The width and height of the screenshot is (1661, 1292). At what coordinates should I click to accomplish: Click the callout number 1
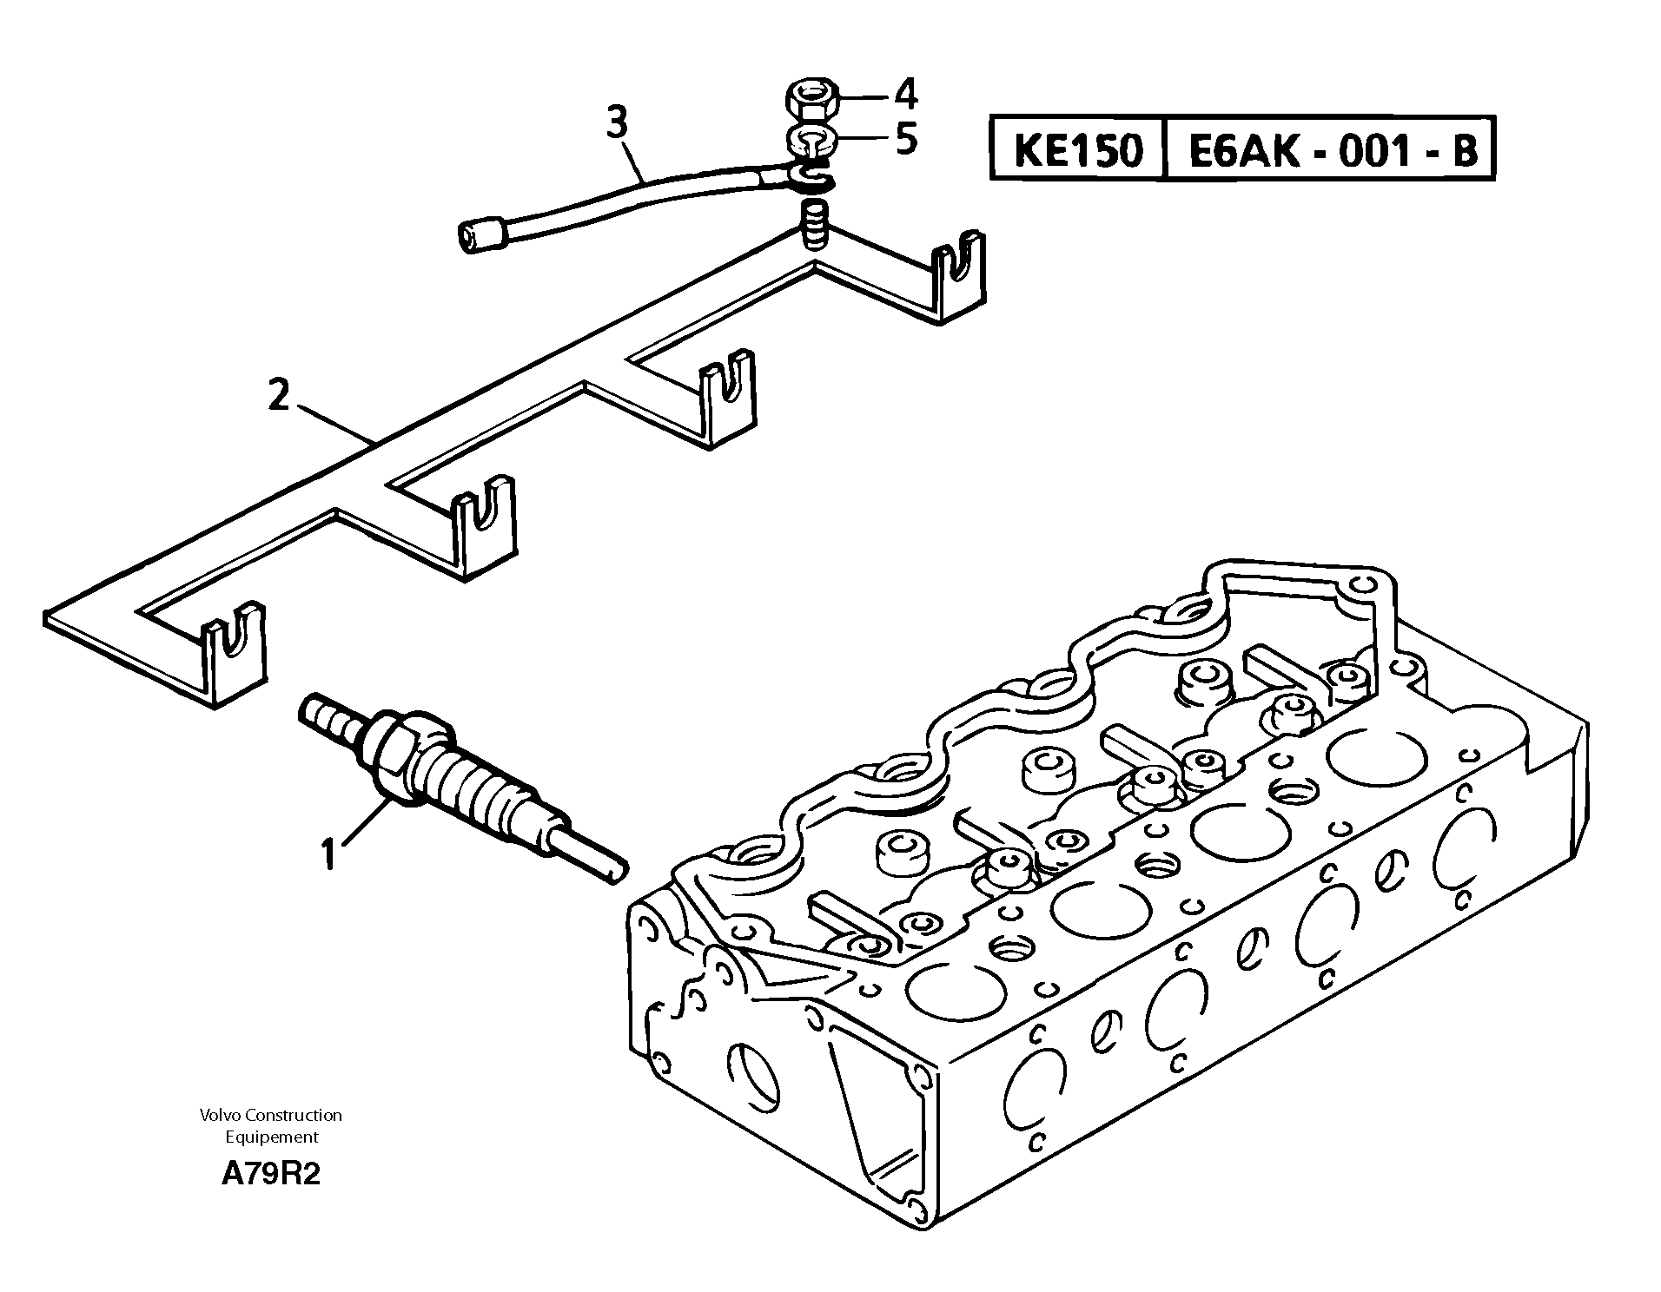[x=328, y=854]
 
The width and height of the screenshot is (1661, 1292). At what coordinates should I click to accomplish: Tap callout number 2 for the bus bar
[x=278, y=397]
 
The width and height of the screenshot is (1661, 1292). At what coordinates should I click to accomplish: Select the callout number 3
[x=616, y=123]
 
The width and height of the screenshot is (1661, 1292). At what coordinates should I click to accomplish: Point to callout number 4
[x=906, y=94]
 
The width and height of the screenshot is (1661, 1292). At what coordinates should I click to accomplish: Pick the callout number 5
[x=906, y=139]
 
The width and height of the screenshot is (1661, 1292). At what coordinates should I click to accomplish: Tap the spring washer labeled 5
[x=811, y=139]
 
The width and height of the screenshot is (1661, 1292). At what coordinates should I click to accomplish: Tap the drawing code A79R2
[x=270, y=1175]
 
